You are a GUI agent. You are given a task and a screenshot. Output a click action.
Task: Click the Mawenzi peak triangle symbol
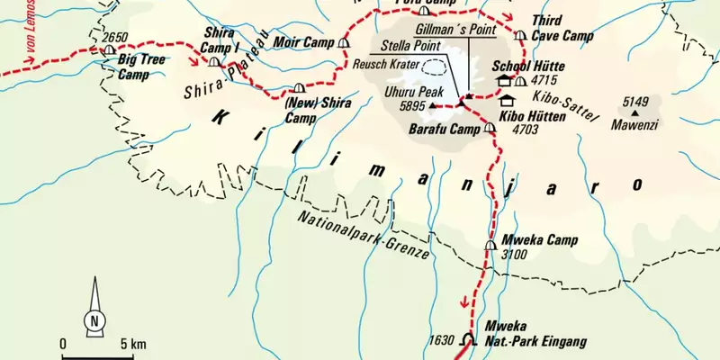point(635,112)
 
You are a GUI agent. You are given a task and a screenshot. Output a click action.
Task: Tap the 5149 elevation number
point(635,101)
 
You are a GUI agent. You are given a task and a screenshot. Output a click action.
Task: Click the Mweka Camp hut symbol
point(490,244)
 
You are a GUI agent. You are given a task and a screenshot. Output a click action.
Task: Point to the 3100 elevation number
point(514,255)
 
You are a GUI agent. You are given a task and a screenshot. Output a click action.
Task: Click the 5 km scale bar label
point(132,344)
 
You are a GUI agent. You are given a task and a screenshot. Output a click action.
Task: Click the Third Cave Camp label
point(562,28)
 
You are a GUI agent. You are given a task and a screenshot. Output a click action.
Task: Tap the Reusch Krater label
point(384,66)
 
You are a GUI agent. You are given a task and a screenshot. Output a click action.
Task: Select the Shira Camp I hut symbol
point(213,62)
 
